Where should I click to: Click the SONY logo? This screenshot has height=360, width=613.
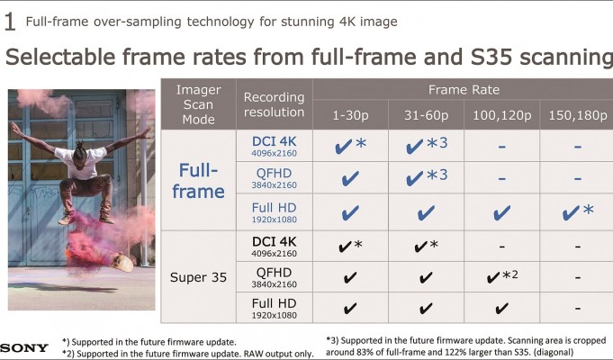[23, 347]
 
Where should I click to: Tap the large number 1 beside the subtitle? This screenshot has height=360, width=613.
[10, 22]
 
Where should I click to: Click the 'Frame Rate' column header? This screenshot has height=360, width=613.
[464, 90]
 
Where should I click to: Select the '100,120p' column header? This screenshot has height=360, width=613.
[501, 116]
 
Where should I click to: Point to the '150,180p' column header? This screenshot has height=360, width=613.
[577, 116]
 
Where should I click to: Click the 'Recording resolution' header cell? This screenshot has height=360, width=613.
[274, 104]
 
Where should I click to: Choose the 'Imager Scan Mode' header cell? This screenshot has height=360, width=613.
[198, 104]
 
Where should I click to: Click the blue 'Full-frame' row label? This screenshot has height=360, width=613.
[198, 181]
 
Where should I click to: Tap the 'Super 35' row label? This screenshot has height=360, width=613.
[198, 277]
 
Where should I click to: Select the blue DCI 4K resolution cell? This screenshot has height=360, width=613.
[274, 146]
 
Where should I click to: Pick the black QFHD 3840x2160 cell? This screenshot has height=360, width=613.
[274, 277]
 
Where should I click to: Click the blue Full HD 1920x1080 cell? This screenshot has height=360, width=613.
[274, 212]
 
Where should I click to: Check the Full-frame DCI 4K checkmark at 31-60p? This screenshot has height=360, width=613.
[414, 147]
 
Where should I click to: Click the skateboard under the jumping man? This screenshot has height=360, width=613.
[122, 262]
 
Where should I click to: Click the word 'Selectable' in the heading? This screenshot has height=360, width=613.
[60, 57]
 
